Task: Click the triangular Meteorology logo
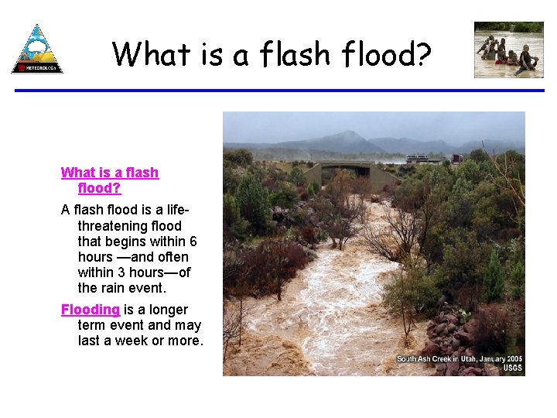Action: point(37,50)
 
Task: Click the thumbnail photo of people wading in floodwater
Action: point(508,50)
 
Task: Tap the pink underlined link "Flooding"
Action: point(91,310)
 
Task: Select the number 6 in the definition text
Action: point(193,242)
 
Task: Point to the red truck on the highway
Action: point(457,159)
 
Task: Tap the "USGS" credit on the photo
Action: point(512,368)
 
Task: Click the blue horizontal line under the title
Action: point(279,91)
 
